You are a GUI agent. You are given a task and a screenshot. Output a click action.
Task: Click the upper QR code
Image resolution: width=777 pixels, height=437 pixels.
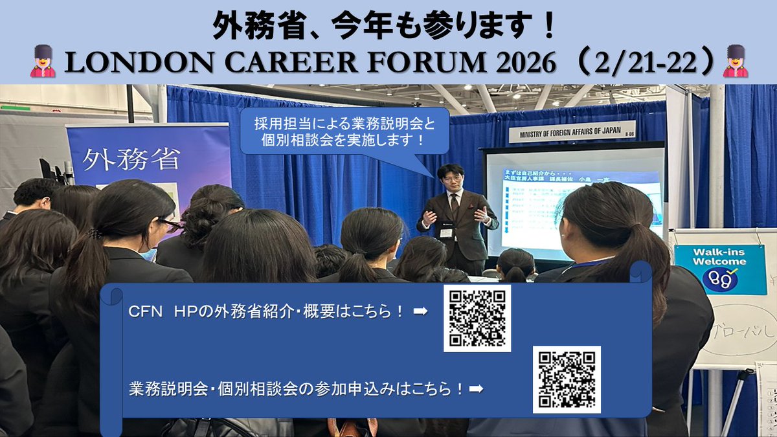click(477, 318)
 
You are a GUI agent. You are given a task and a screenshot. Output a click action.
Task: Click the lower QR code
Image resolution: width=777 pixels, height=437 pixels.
click(567, 379)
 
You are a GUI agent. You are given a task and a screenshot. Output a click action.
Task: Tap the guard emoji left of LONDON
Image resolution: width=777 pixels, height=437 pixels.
click(43, 62)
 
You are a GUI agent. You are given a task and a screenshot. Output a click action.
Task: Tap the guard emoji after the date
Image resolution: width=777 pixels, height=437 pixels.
click(735, 62)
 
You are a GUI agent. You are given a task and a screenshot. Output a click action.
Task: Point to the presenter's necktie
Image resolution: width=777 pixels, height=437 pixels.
click(455, 207)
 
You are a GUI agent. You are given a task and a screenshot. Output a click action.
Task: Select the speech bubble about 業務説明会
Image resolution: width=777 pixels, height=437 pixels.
click(344, 131)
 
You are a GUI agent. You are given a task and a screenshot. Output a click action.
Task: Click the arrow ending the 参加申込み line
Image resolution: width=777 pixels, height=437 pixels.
click(476, 388)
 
